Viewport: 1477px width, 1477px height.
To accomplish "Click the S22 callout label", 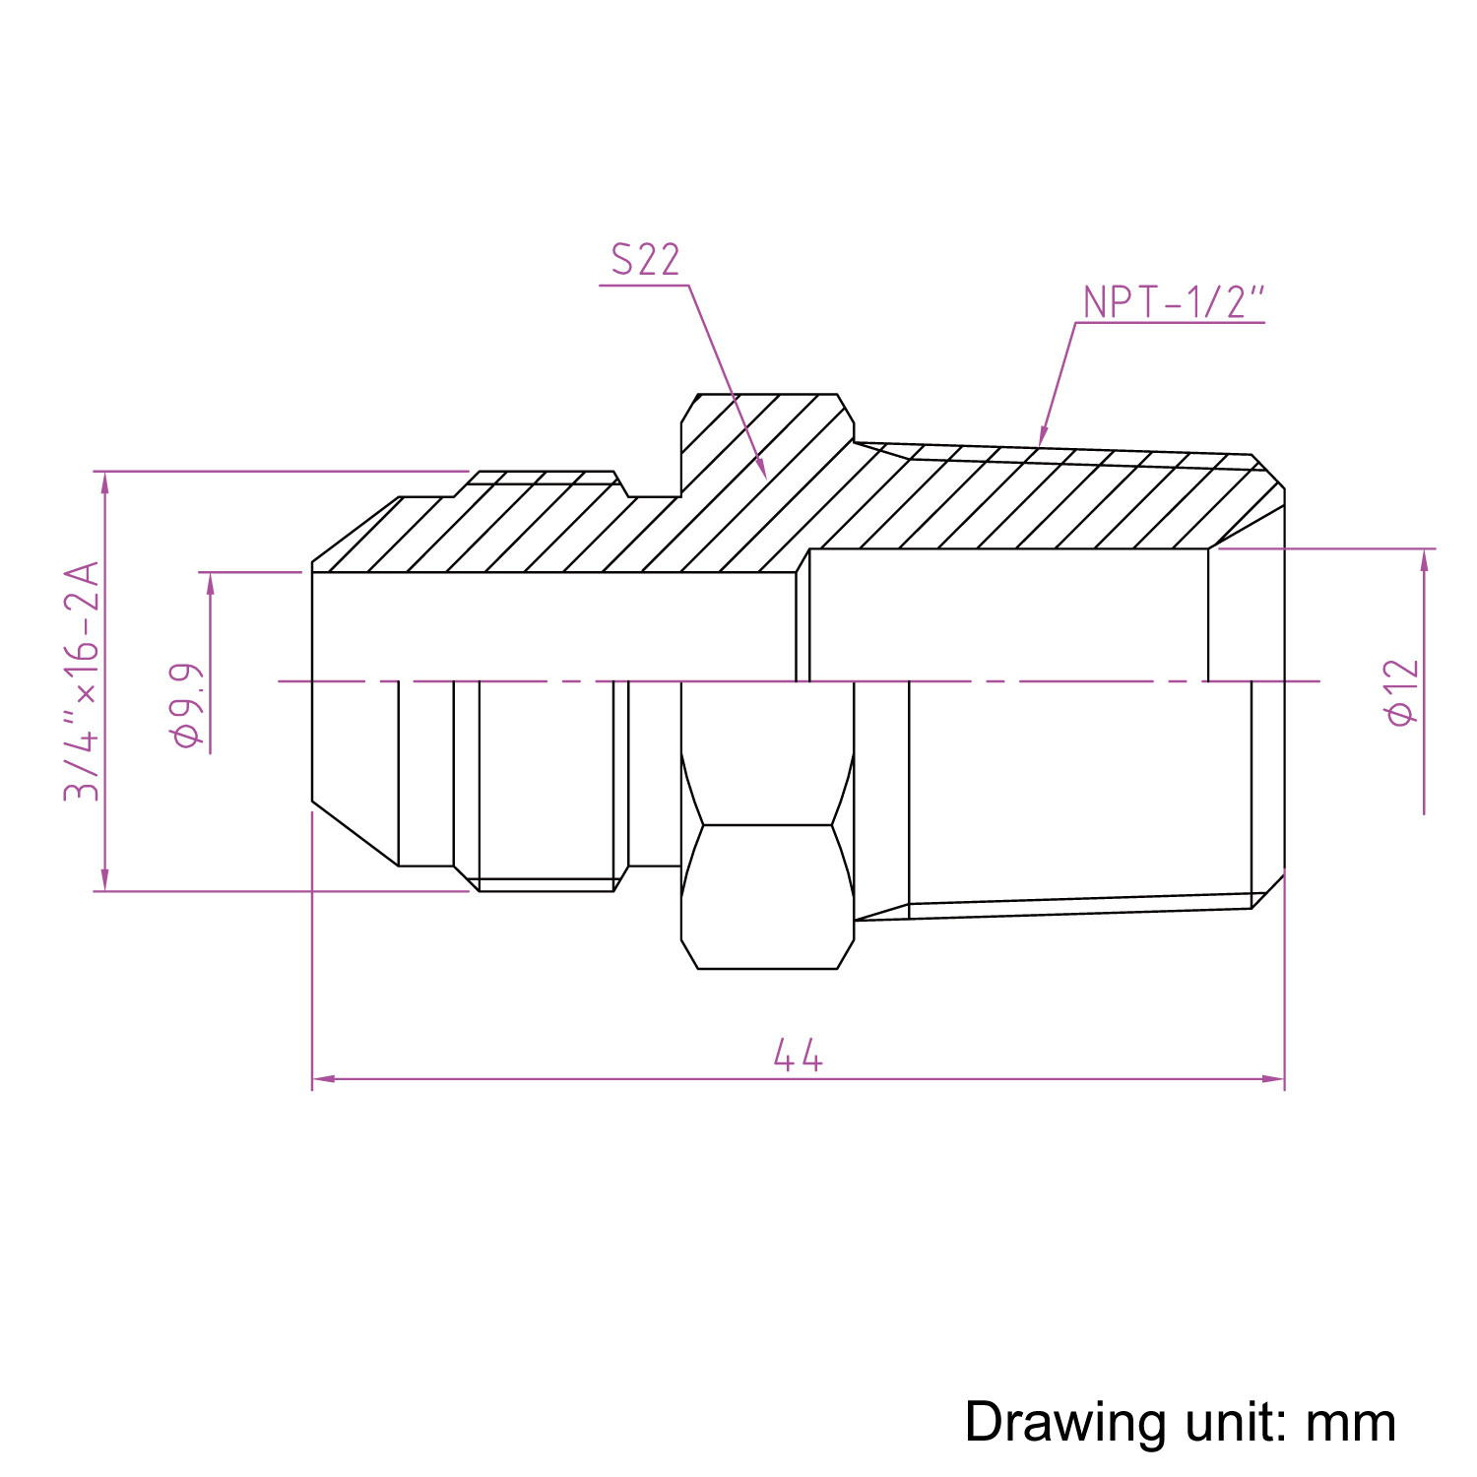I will coord(645,260).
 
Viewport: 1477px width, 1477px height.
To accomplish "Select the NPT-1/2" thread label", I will coord(1172,302).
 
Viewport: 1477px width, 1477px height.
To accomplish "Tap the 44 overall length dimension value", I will coord(797,1056).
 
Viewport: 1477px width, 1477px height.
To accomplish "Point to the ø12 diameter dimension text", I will coord(1401,692).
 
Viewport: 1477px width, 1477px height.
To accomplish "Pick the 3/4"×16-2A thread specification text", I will coord(83,680).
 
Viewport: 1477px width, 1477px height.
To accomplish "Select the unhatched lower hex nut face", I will coord(766,896).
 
